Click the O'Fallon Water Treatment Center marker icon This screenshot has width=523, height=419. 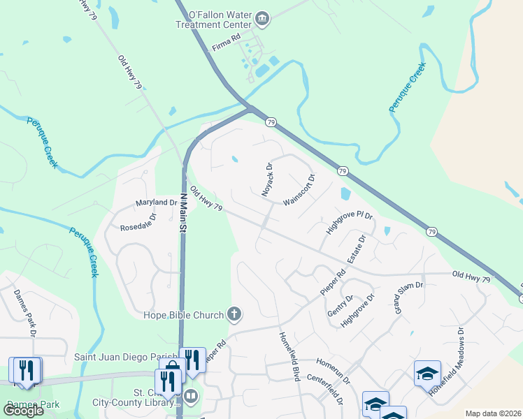[262, 18]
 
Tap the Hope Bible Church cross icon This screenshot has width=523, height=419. [234, 315]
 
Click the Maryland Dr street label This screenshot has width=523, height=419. [157, 203]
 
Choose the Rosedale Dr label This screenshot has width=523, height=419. [139, 221]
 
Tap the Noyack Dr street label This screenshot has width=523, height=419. [267, 179]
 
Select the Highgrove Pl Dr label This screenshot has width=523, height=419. [350, 222]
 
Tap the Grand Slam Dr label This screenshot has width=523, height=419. [410, 297]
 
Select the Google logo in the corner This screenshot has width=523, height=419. [24, 411]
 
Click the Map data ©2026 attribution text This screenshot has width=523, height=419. [492, 413]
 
